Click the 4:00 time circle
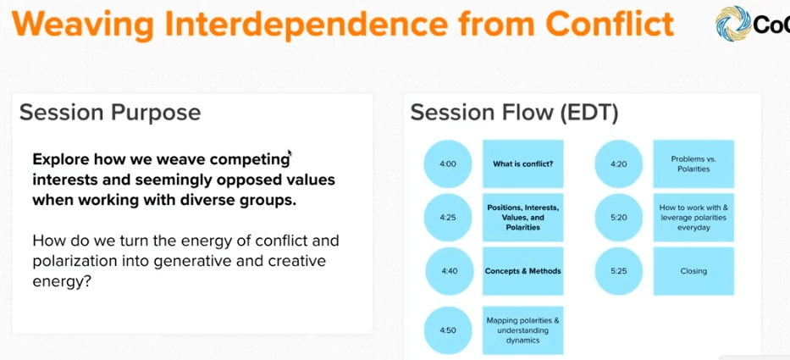pyautogui.click(x=448, y=163)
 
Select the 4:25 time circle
pyautogui.click(x=448, y=218)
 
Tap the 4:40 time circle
pyautogui.click(x=449, y=271)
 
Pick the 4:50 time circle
pyautogui.click(x=448, y=330)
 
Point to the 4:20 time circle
pyautogui.click(x=619, y=163)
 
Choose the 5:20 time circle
pyautogui.click(x=619, y=218)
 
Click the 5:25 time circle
pyautogui.click(x=619, y=271)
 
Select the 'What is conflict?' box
pyautogui.click(x=523, y=163)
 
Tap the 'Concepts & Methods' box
pyautogui.click(x=523, y=271)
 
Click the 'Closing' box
pyautogui.click(x=693, y=271)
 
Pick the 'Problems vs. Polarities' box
pyautogui.click(x=693, y=163)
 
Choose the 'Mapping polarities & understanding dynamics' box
pyautogui.click(x=523, y=330)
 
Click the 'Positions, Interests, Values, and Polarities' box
pyautogui.click(x=523, y=218)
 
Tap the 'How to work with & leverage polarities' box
pyautogui.click(x=693, y=218)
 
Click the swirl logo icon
pyautogui.click(x=733, y=24)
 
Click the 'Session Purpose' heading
pyautogui.click(x=110, y=112)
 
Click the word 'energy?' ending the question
pyautogui.click(x=62, y=281)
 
